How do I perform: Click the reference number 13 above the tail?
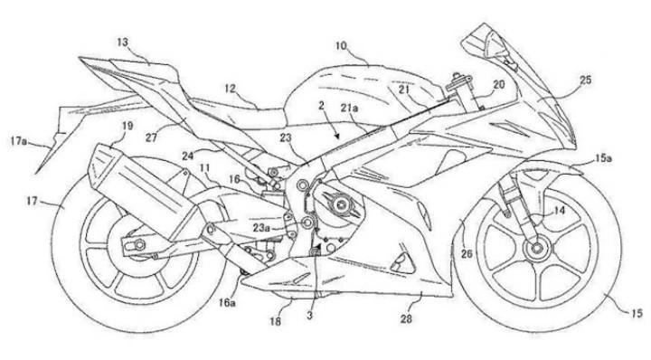123,41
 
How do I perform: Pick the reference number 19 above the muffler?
127,127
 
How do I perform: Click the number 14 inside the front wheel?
560,212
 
